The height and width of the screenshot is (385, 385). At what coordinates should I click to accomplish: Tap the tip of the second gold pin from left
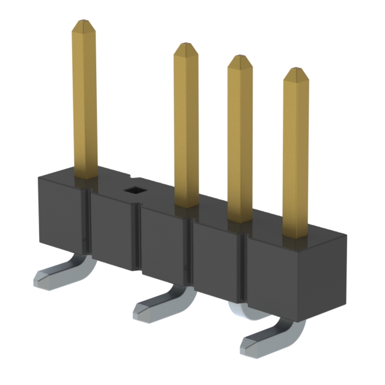[186, 47]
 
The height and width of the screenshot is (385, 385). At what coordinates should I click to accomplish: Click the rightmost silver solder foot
[259, 343]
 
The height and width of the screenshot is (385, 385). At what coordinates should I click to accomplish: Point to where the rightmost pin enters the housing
[295, 236]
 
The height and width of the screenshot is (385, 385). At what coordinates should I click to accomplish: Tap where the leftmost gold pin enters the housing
[85, 176]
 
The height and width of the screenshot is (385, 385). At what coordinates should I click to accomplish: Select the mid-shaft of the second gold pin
[186, 126]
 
